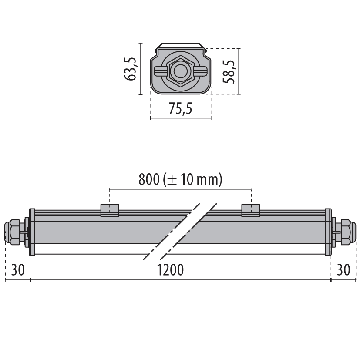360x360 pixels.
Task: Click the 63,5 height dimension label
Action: (x=131, y=69)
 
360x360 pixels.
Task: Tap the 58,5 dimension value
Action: (x=229, y=71)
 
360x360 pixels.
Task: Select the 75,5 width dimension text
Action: (x=181, y=108)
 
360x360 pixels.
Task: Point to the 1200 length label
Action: (x=170, y=270)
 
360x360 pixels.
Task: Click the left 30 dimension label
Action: (x=18, y=270)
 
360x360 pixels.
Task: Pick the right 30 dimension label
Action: (x=343, y=270)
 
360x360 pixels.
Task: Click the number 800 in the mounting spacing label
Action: (x=149, y=179)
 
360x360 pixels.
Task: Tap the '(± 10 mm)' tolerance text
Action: (x=192, y=179)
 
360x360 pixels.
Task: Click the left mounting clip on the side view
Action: (x=110, y=210)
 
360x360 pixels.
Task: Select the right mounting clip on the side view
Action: (x=251, y=210)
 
